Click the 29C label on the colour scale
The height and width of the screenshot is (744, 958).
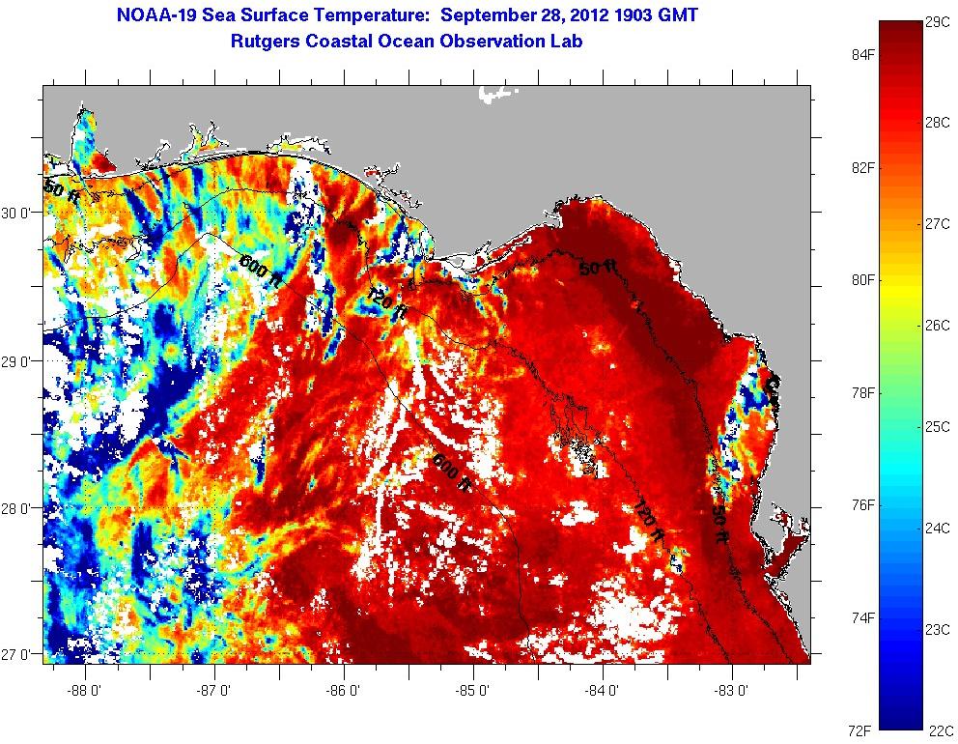(938, 22)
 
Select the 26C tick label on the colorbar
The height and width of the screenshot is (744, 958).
(938, 325)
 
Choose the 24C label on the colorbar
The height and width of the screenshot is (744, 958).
(938, 528)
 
